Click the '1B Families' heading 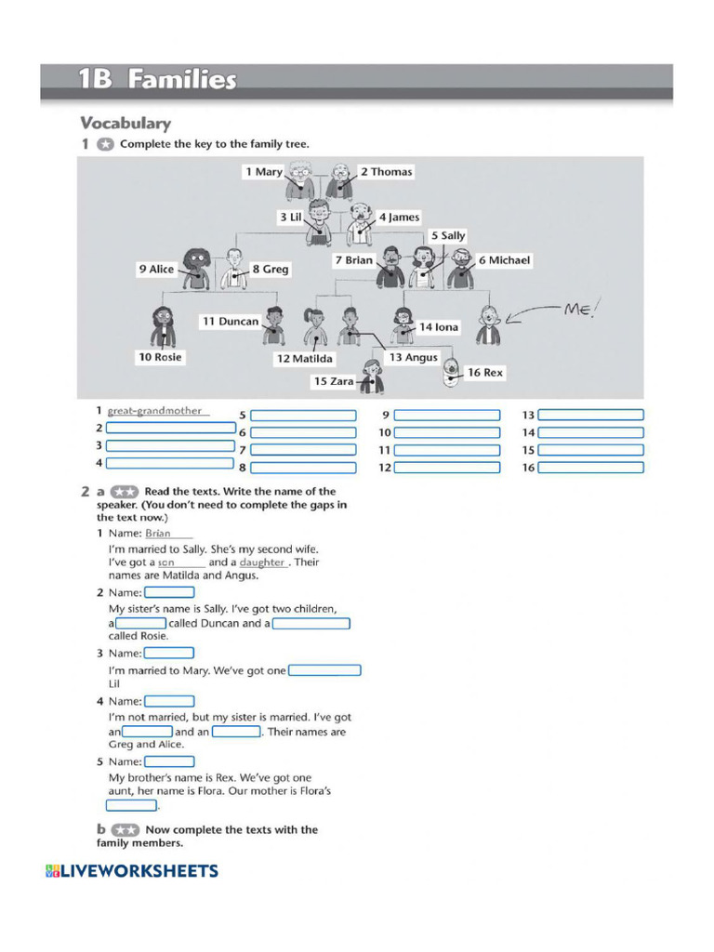pos(157,80)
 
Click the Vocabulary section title pos(126,123)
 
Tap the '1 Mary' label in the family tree pos(263,172)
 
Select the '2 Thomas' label pos(386,172)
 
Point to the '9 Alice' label pos(156,269)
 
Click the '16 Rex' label pos(484,372)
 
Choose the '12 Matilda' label pos(304,358)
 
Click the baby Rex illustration pos(451,371)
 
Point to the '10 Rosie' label pos(160,357)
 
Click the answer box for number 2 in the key pos(171,428)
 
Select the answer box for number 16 pos(590,468)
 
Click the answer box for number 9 pos(447,416)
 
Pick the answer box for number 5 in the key pos(303,416)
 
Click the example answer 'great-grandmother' pos(154,411)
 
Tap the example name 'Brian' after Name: pos(158,534)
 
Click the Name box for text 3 pos(169,654)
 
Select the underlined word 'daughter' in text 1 pos(262,562)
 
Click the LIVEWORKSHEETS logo pos(131,871)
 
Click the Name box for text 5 pos(169,761)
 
